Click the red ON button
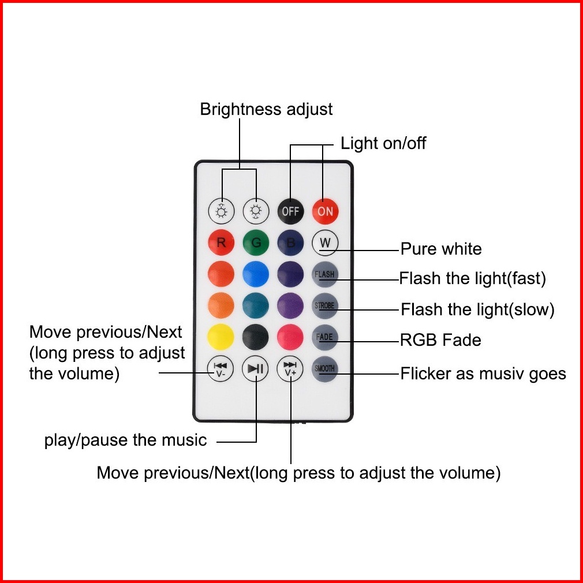pos(325,211)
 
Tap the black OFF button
pos(290,211)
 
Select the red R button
pos(221,243)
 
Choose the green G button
pos(256,243)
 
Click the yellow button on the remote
pos(221,337)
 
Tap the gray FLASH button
pos(325,274)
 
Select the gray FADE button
pos(325,337)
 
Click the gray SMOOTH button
pos(325,368)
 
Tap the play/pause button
pos(255,368)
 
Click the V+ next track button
pos(290,368)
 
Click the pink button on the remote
pos(290,337)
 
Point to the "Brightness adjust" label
pos(266,109)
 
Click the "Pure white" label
pos(441,249)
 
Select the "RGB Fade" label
pos(440,339)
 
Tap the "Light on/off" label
pos(383,143)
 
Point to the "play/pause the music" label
pos(125,440)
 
